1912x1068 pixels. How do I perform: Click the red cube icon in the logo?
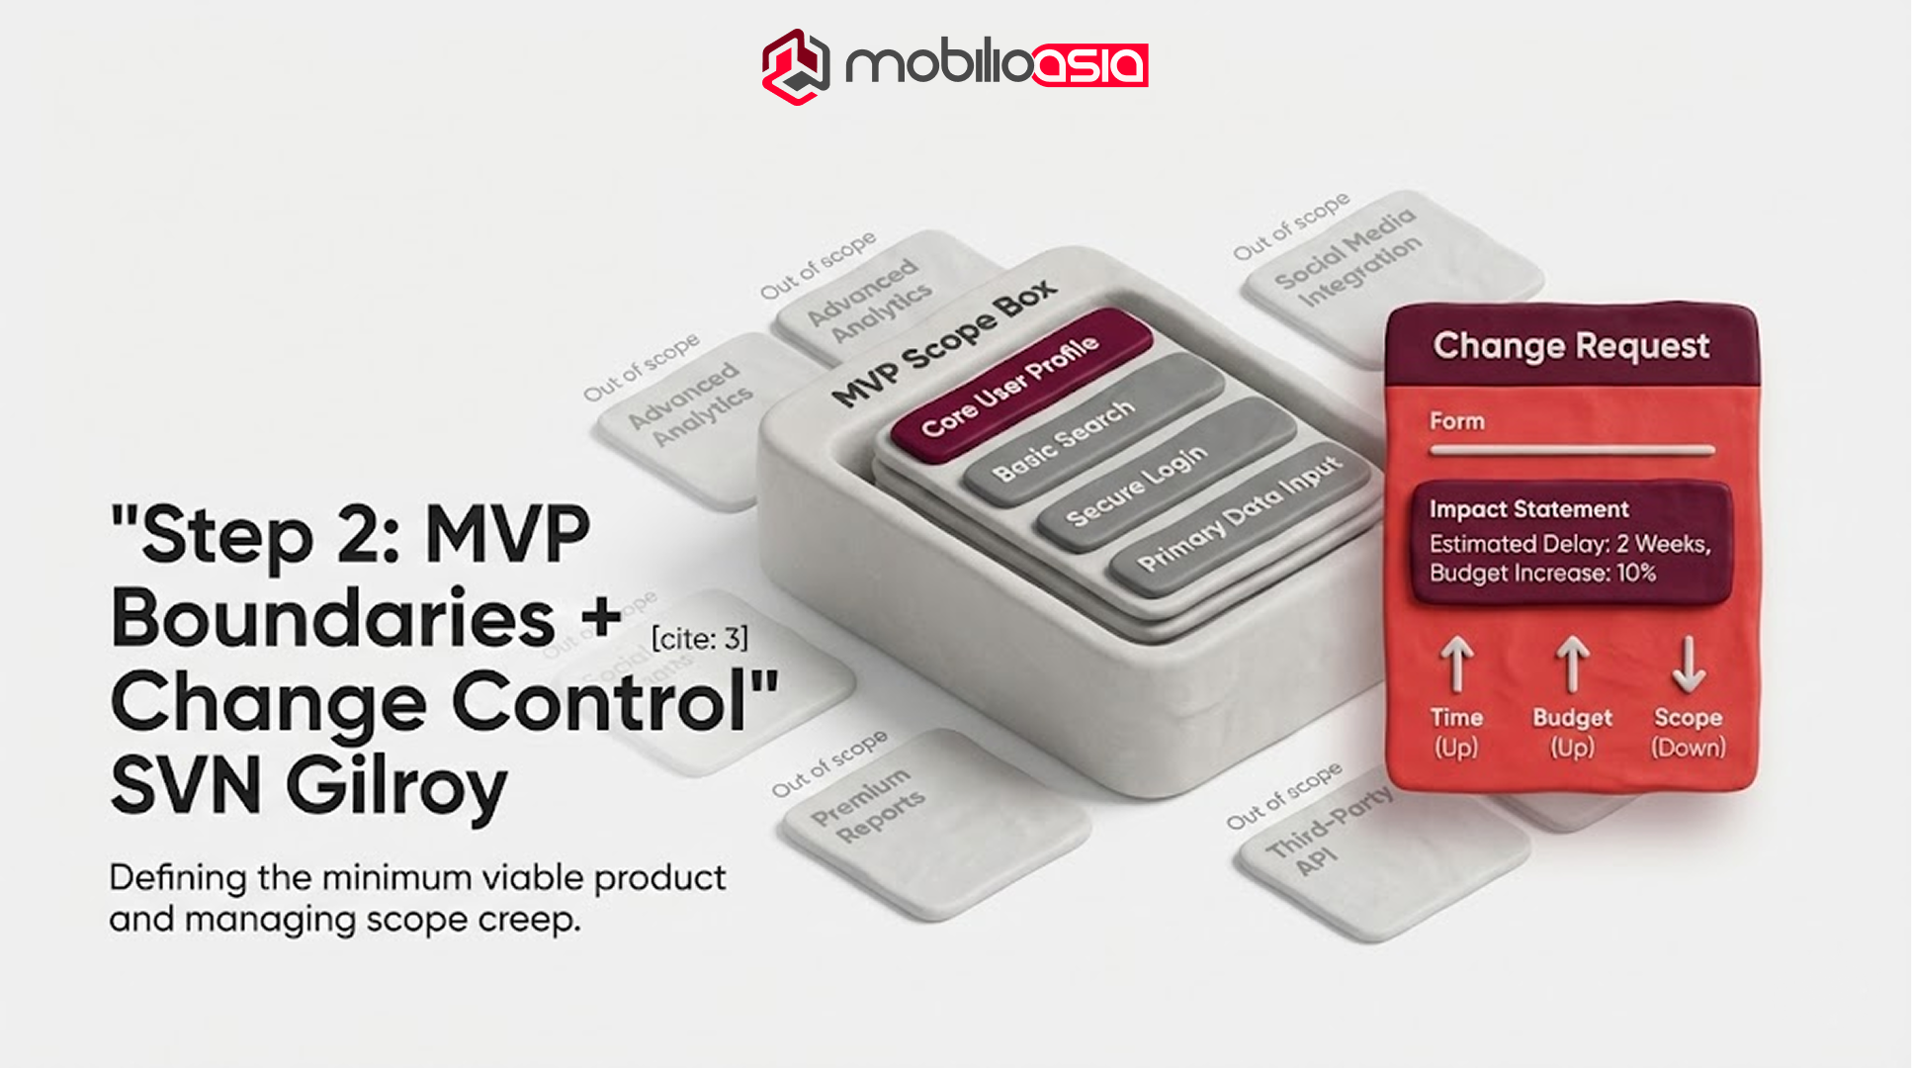795,66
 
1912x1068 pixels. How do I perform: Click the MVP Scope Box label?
944,342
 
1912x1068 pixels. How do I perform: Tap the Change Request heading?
1571,345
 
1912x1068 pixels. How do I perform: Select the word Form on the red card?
1456,421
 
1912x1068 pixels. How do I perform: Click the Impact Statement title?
1528,509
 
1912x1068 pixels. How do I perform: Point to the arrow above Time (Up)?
1456,664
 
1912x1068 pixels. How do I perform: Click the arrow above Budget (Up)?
1572,664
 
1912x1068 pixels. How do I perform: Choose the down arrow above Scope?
1688,664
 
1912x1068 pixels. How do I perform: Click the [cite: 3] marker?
699,639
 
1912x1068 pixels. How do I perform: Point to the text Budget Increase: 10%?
1542,573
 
